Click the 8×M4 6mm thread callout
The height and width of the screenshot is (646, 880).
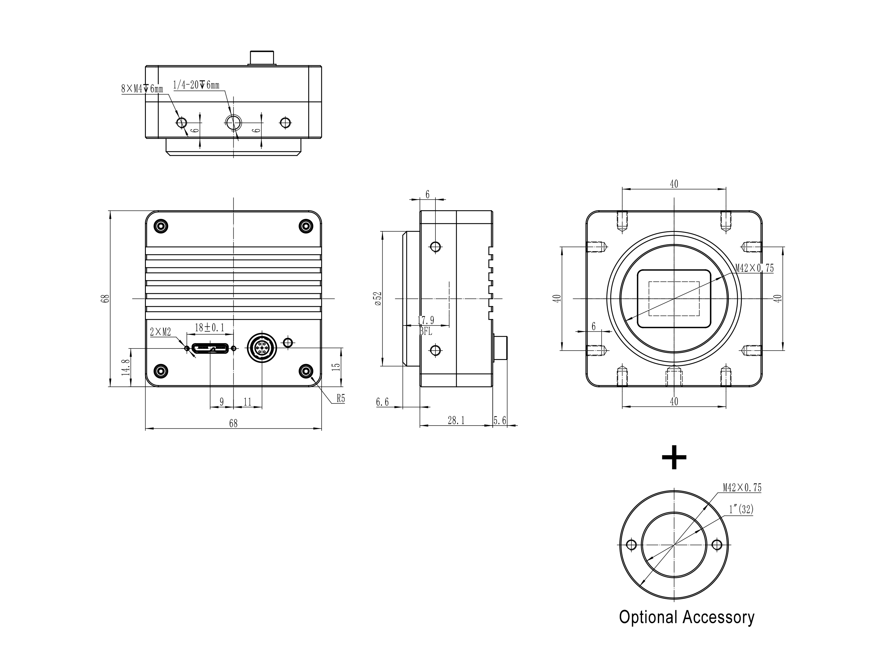pyautogui.click(x=142, y=89)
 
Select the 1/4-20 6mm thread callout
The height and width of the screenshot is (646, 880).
pyautogui.click(x=196, y=85)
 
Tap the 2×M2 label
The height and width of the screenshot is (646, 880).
pyautogui.click(x=161, y=332)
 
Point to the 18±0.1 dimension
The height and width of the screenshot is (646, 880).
pyautogui.click(x=210, y=328)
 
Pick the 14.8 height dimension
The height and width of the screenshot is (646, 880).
pyautogui.click(x=126, y=367)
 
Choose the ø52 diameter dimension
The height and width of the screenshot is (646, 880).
pyautogui.click(x=378, y=298)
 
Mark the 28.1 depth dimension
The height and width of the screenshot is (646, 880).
pyautogui.click(x=456, y=420)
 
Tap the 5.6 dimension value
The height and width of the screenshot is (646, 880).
pyautogui.click(x=500, y=420)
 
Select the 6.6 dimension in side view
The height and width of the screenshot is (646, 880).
pyautogui.click(x=382, y=402)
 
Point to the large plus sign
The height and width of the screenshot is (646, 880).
pyautogui.click(x=674, y=457)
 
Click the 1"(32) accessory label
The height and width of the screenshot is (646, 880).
pyautogui.click(x=741, y=510)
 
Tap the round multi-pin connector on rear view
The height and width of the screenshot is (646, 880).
pyautogui.click(x=262, y=347)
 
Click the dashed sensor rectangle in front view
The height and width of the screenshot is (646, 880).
pyautogui.click(x=674, y=299)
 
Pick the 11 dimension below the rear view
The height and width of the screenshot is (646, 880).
pyautogui.click(x=247, y=402)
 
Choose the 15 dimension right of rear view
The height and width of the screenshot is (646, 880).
pyautogui.click(x=336, y=367)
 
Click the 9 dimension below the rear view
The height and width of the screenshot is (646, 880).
pyautogui.click(x=221, y=402)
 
